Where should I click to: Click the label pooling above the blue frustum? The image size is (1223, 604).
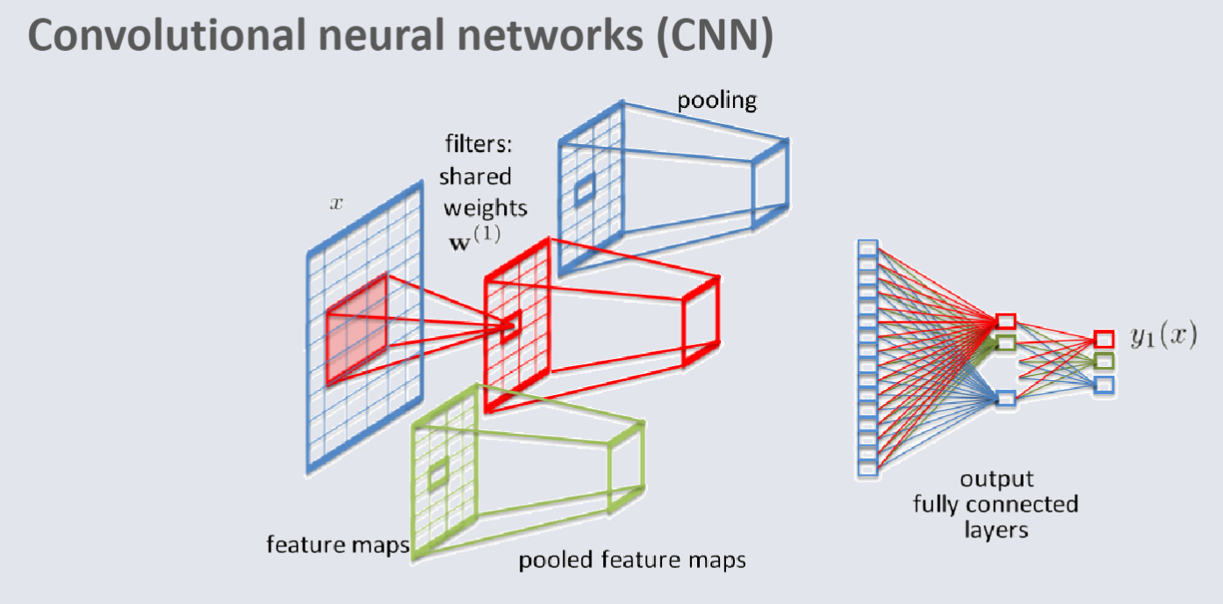(x=716, y=100)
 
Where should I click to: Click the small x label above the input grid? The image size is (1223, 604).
(x=335, y=204)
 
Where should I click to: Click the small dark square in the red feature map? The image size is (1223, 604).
(x=510, y=327)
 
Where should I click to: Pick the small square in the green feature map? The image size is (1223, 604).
(x=437, y=474)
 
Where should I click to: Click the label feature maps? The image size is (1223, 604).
(x=338, y=545)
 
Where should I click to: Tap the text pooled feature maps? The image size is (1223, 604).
(x=631, y=559)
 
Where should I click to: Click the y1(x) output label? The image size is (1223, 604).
(x=1162, y=337)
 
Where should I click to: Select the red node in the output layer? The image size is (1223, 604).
(x=1104, y=339)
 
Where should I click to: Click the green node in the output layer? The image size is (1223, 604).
(x=1104, y=361)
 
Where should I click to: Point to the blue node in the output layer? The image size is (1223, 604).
(x=1104, y=384)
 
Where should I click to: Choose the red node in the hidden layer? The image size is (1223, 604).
(x=1006, y=321)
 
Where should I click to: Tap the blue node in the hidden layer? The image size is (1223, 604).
(x=1006, y=399)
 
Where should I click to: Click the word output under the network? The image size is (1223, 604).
(x=996, y=479)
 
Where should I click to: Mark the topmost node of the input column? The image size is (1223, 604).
(x=867, y=249)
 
